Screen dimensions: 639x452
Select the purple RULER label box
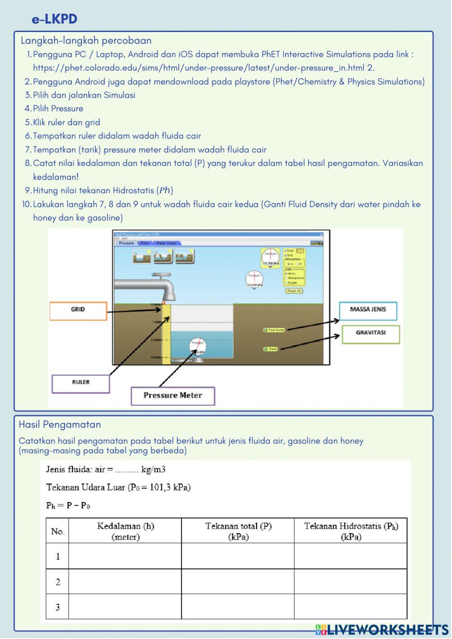[81, 383]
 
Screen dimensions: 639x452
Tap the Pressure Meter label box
[173, 396]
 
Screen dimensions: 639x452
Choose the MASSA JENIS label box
[367, 310]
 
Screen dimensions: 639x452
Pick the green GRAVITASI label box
[371, 334]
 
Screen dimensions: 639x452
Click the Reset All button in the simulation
[294, 291]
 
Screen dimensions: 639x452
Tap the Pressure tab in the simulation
[126, 243]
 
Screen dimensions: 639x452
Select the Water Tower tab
[166, 243]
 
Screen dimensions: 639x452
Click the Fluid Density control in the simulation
[274, 330]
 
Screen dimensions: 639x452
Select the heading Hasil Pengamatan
[60, 425]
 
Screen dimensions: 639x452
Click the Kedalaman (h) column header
[125, 531]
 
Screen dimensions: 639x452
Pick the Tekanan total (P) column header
[238, 531]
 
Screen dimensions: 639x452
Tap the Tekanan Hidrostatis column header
[351, 531]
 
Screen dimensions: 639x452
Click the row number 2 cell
[57, 582]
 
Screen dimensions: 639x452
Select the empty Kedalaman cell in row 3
[125, 607]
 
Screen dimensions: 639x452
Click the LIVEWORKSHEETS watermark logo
[382, 630]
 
